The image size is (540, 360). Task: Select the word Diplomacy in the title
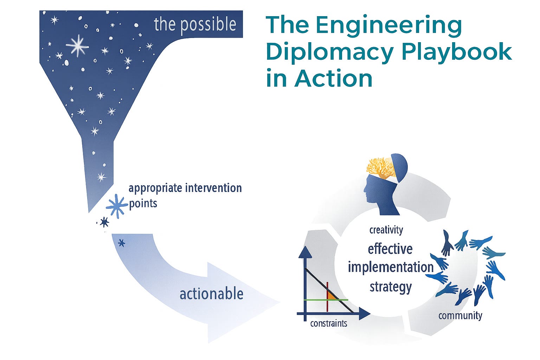coord(329,52)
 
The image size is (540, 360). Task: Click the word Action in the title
coord(333,79)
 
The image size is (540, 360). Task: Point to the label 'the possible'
coord(195,25)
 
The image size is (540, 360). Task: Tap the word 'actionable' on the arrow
coord(211,294)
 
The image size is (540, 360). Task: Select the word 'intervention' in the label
coord(213,188)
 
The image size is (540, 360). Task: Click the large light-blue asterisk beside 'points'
coord(116,206)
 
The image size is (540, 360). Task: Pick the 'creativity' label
coord(386,230)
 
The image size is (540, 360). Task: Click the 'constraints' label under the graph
coord(328,323)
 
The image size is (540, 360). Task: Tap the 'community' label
coord(460,315)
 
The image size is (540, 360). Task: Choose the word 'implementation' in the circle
coord(390,267)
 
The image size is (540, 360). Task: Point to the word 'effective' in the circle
coord(390,249)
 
